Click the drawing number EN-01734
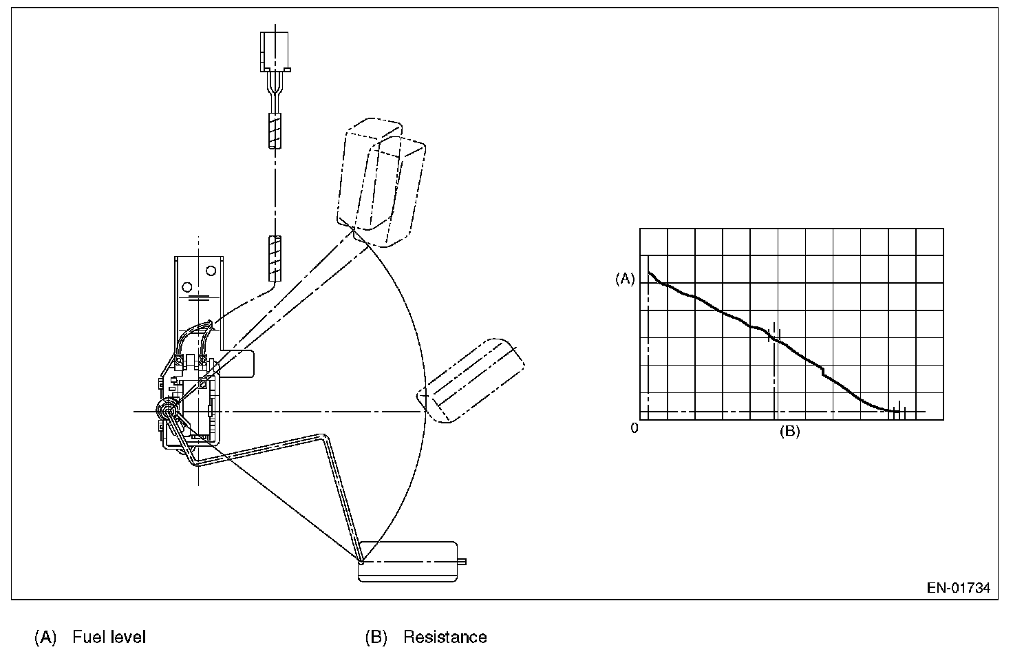pos(958,588)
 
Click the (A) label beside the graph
pos(625,279)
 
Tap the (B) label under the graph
pos(789,432)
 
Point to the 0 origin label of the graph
pos(635,428)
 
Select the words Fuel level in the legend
pos(109,637)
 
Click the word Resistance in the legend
pos(445,637)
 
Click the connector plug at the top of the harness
pos(275,52)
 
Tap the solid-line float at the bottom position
pos(408,560)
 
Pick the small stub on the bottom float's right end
pos(462,561)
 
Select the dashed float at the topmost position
pos(380,182)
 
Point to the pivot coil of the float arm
pos(167,411)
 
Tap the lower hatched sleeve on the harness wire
pos(275,258)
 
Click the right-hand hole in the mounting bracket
pos(211,270)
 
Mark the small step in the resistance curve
pos(822,372)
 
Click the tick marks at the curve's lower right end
pos(898,412)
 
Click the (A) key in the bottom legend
pos(45,637)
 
